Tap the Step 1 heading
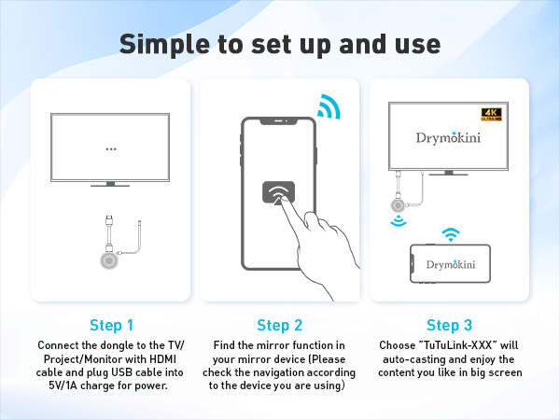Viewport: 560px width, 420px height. click(x=111, y=326)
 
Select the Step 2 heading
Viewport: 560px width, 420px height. click(x=280, y=326)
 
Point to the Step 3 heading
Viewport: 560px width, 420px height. click(x=449, y=326)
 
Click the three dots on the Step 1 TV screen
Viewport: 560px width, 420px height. click(x=111, y=148)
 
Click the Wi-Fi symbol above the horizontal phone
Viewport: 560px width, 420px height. click(x=451, y=233)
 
